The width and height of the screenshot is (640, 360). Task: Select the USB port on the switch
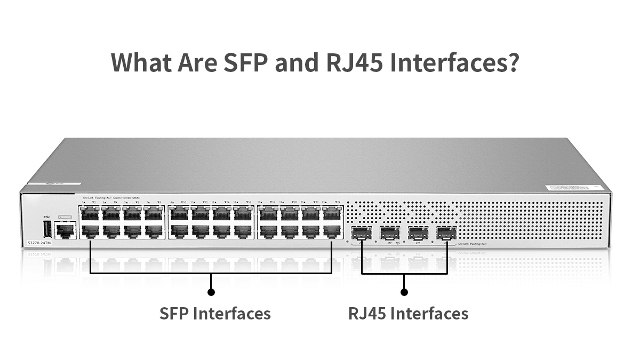46,230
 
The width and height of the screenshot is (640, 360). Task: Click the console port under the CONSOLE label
65,230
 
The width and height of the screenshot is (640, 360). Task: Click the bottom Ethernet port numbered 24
332,231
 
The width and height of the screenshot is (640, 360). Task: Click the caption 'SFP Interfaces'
215,313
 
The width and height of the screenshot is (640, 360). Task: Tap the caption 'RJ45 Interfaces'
409,313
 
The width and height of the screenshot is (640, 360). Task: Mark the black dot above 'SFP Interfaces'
211,292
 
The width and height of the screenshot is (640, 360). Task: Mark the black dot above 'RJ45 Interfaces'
404,292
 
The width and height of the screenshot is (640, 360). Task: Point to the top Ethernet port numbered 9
179,214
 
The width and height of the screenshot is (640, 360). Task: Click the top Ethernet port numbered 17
268,214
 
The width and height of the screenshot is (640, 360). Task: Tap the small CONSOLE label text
65,217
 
